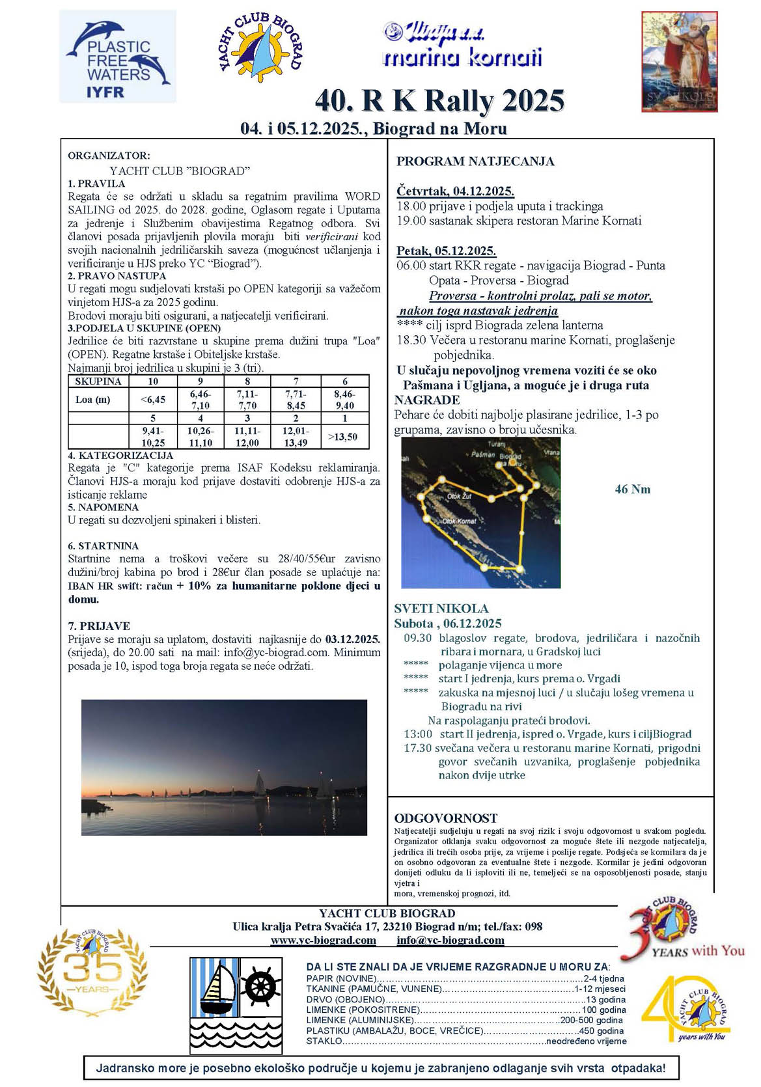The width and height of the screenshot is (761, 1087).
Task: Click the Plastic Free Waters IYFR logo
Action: pyautogui.click(x=118, y=57)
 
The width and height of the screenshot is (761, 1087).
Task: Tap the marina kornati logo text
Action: pyautogui.click(x=462, y=58)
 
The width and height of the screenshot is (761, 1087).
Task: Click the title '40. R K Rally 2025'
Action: pyautogui.click(x=439, y=101)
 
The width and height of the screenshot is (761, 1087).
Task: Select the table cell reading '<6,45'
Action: pyautogui.click(x=153, y=400)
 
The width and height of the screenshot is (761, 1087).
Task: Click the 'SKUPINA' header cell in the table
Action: pyautogui.click(x=98, y=381)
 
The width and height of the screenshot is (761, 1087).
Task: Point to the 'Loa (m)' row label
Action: pyautogui.click(x=93, y=400)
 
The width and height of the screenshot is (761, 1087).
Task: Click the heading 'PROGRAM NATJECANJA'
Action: pyautogui.click(x=475, y=161)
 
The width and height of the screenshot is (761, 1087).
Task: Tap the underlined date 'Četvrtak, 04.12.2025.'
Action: pyautogui.click(x=455, y=191)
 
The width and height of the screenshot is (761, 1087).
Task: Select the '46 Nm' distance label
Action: pyautogui.click(x=632, y=489)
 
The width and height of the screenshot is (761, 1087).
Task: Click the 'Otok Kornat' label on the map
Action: pyautogui.click(x=460, y=521)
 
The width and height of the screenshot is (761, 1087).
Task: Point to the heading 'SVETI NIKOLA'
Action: pyautogui.click(x=441, y=609)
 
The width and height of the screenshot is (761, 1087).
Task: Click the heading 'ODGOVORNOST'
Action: pyautogui.click(x=446, y=818)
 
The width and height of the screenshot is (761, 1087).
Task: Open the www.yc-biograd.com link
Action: pyautogui.click(x=323, y=940)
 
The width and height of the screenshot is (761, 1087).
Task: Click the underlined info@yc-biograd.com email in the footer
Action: pyautogui.click(x=450, y=940)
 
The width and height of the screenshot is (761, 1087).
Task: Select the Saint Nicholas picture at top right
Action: pyautogui.click(x=679, y=61)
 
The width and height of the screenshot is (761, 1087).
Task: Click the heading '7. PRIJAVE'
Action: pyautogui.click(x=99, y=626)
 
